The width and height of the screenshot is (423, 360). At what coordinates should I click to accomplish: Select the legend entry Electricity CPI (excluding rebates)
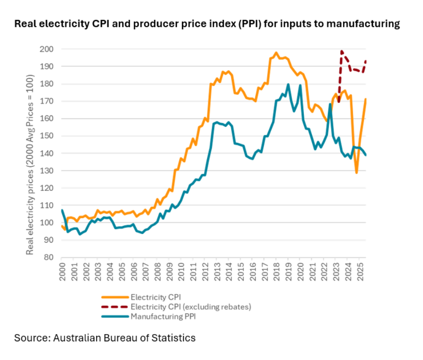click(191, 307)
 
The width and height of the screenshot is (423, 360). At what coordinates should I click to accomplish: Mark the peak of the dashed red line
click(342, 51)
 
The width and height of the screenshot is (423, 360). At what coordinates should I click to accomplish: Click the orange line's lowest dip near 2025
click(357, 173)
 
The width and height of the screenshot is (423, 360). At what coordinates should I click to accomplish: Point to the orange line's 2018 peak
click(276, 53)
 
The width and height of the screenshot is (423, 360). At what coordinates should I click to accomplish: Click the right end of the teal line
click(366, 155)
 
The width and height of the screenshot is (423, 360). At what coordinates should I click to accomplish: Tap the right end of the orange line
click(366, 99)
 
